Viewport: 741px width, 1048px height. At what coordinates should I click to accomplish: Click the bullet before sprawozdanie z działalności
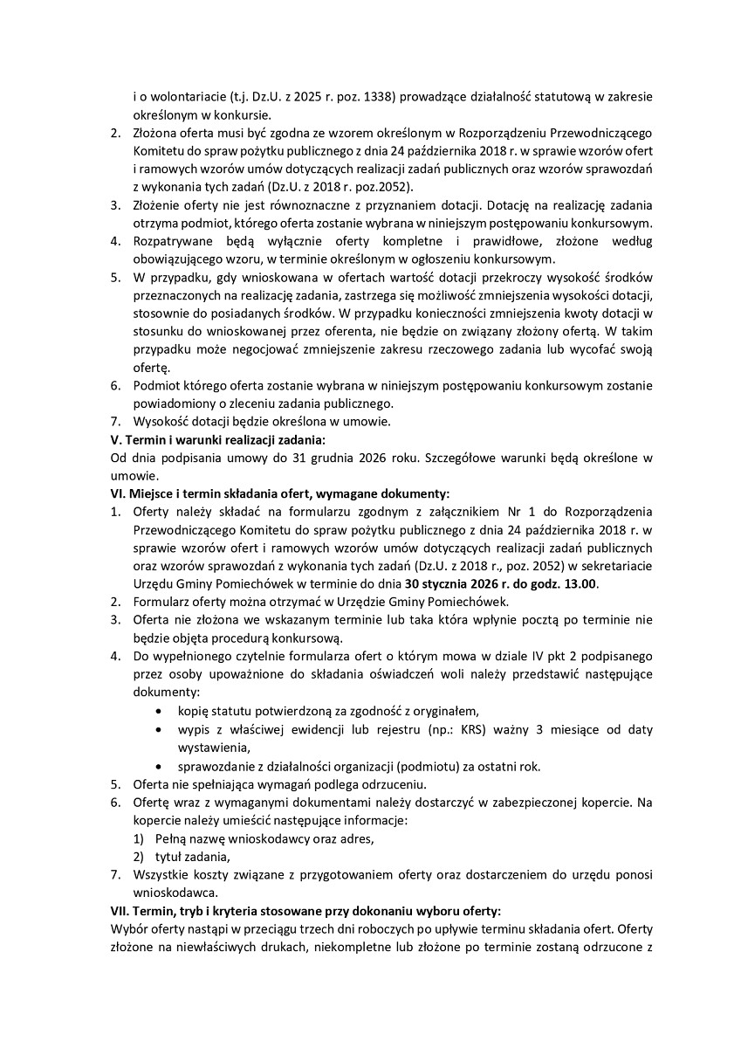pos(157,767)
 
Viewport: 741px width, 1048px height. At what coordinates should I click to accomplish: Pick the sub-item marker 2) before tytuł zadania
pos(138,857)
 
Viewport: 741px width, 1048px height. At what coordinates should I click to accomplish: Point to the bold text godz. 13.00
pos(564,583)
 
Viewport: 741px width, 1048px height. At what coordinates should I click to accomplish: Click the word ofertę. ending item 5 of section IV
pos(152,367)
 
